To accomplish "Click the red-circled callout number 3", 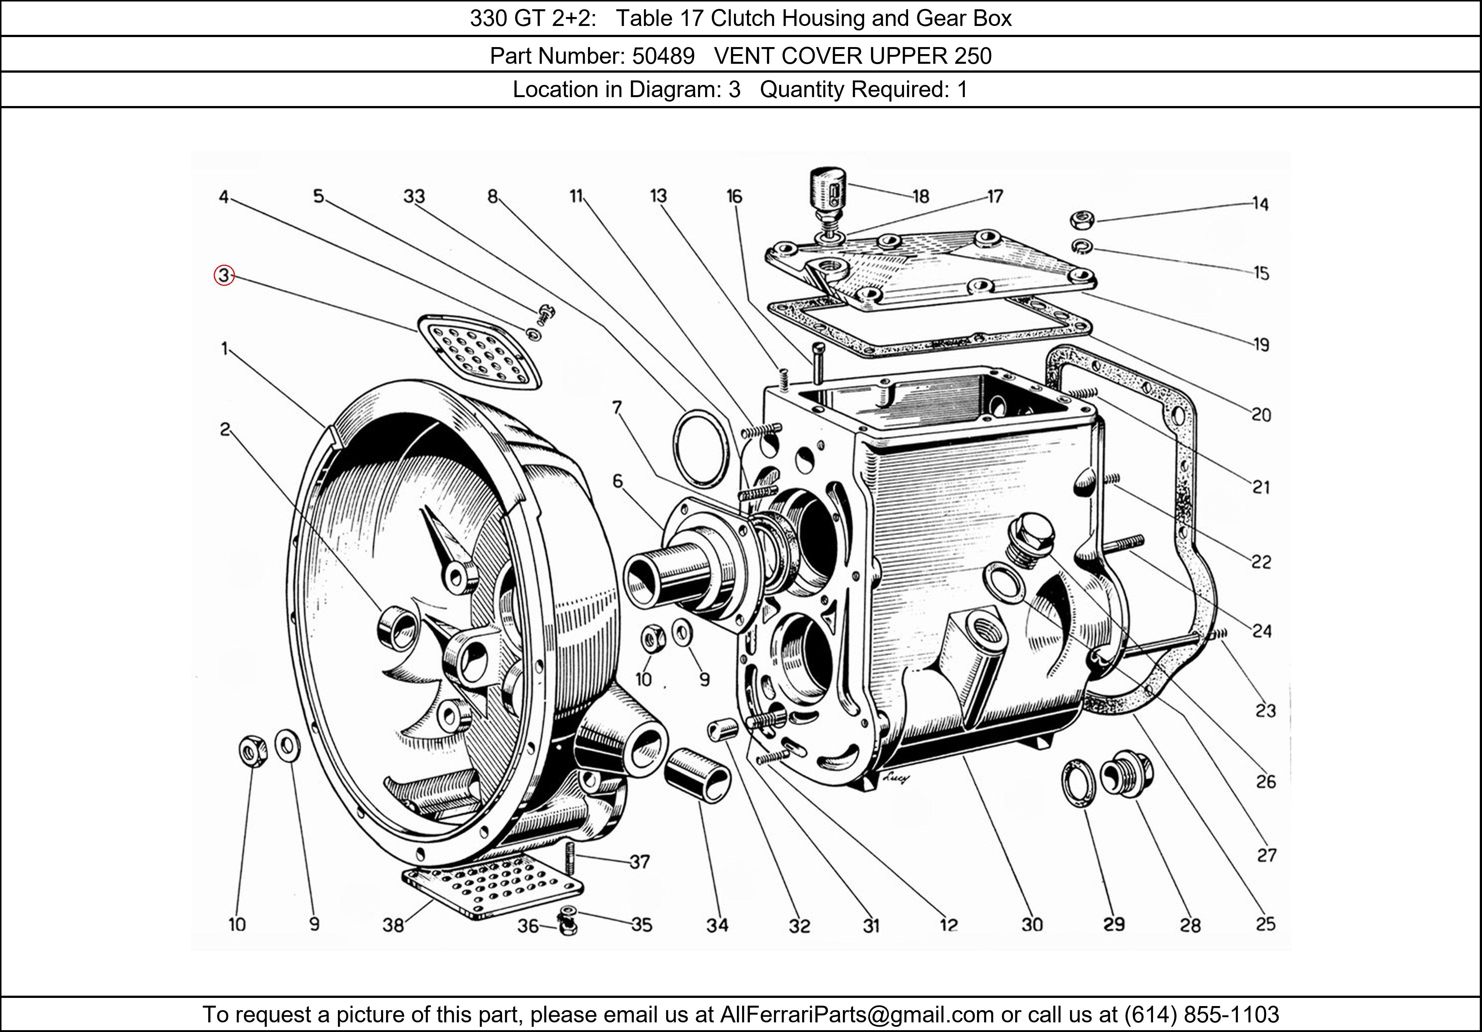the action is pyautogui.click(x=223, y=276).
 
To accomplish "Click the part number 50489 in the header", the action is pyautogui.click(x=663, y=56).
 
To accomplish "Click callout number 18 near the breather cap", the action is pyautogui.click(x=920, y=196).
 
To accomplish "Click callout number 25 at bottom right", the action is pyautogui.click(x=1265, y=924).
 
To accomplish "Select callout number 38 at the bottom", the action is pyautogui.click(x=393, y=926).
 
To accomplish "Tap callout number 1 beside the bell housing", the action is pyautogui.click(x=225, y=350).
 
